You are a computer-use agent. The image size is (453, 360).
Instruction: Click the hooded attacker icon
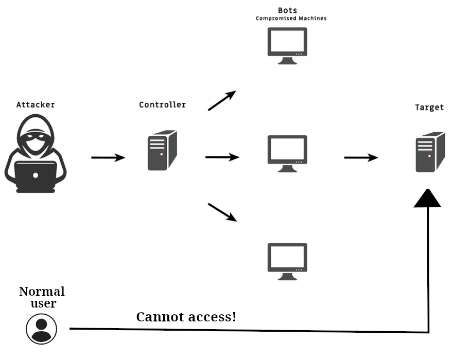[36, 155]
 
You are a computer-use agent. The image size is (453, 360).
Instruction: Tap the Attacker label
[36, 105]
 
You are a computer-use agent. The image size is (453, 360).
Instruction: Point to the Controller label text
[162, 105]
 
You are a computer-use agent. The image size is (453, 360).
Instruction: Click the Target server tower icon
[430, 152]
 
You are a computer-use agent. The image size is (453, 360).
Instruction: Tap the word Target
[429, 107]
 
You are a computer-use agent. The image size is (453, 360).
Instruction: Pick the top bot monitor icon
[287, 45]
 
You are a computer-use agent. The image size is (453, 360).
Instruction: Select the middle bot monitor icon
[287, 153]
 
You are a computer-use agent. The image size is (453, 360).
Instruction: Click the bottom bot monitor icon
[287, 261]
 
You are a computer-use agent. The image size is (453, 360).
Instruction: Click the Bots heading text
[287, 10]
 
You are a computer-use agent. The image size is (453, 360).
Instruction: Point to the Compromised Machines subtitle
[291, 19]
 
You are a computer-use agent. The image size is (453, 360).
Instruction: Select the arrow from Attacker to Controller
[108, 157]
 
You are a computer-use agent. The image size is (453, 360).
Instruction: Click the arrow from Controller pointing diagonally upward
[222, 101]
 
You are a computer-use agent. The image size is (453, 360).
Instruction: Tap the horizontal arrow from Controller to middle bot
[222, 157]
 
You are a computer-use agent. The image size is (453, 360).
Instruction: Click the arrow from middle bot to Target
[361, 157]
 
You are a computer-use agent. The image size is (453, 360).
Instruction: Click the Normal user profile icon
[42, 329]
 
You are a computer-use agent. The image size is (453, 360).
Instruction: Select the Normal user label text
[42, 297]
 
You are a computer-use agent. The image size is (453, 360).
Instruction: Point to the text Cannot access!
[186, 317]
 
